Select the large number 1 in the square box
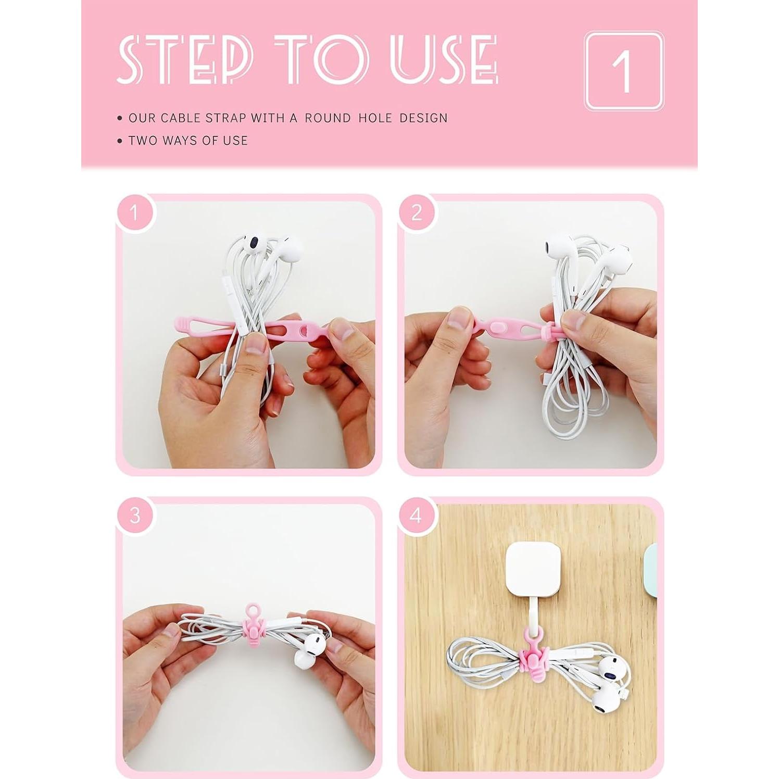(623, 71)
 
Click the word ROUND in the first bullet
(328, 118)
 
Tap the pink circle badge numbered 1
(134, 212)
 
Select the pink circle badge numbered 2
(417, 212)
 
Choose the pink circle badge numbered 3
(134, 516)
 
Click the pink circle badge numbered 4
(417, 516)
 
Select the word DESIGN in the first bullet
(423, 118)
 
